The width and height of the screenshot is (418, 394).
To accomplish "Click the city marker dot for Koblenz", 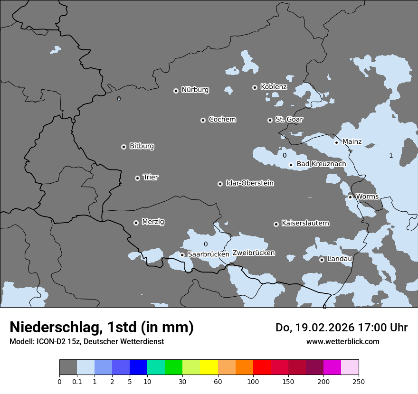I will pyautogui.click(x=255, y=87).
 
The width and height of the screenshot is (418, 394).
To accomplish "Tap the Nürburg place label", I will pyautogui.click(x=195, y=90).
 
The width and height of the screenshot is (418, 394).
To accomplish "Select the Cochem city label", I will pyautogui.click(x=222, y=120).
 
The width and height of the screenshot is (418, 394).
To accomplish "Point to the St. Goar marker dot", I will pyautogui.click(x=270, y=120).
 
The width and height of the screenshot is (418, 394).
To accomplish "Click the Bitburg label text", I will pyautogui.click(x=142, y=146).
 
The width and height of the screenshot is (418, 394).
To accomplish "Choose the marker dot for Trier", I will pyautogui.click(x=137, y=178).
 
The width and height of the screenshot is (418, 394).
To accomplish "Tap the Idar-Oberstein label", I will pyautogui.click(x=249, y=183).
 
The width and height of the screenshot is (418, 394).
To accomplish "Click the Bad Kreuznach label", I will pyautogui.click(x=321, y=164).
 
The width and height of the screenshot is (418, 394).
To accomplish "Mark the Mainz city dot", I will pyautogui.click(x=336, y=142).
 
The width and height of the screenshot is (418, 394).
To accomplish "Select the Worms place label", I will pyautogui.click(x=367, y=197).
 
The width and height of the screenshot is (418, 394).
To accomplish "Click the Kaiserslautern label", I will pyautogui.click(x=305, y=223).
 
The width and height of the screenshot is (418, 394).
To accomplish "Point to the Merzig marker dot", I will pyautogui.click(x=136, y=223).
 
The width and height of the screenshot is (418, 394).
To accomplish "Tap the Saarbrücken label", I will pyautogui.click(x=208, y=254).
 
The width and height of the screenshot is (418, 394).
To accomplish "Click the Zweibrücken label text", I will pyautogui.click(x=253, y=253).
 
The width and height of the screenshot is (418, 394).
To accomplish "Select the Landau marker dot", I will pyautogui.click(x=322, y=260).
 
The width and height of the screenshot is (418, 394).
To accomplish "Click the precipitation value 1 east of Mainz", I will pyautogui.click(x=391, y=156).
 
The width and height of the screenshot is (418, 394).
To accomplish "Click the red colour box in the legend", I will pyautogui.click(x=262, y=367).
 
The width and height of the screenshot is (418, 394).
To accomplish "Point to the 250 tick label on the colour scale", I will pyautogui.click(x=359, y=381).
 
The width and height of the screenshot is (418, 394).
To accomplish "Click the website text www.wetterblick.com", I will pyautogui.click(x=342, y=342).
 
